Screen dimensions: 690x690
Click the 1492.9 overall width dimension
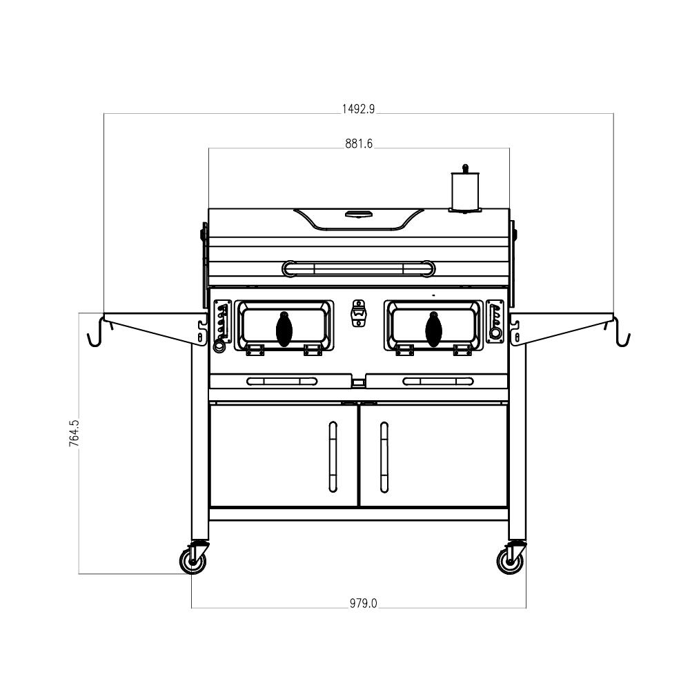coord(358,108)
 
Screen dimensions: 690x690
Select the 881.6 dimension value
coord(359,144)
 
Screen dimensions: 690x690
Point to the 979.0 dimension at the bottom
coord(363,603)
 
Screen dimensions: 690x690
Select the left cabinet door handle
coord(333,456)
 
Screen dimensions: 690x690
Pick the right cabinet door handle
coord(384,456)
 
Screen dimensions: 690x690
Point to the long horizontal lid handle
coord(359,267)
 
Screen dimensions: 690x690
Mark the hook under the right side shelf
coord(620,335)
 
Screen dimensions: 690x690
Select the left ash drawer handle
coord(282,381)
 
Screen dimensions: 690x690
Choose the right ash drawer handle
coord(438,381)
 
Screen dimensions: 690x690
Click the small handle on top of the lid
coord(358,213)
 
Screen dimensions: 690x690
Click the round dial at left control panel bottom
coord(219,347)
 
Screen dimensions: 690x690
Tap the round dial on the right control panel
coord(495,334)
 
